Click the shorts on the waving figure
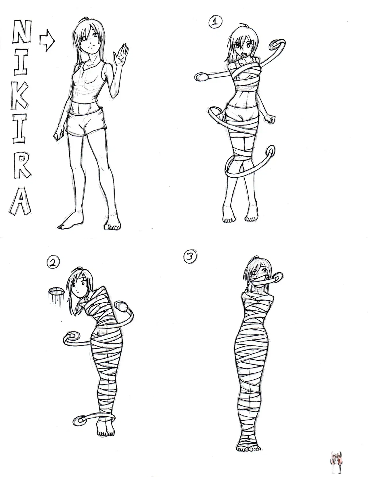(x=87, y=123)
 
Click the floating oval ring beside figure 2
(x=56, y=292)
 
